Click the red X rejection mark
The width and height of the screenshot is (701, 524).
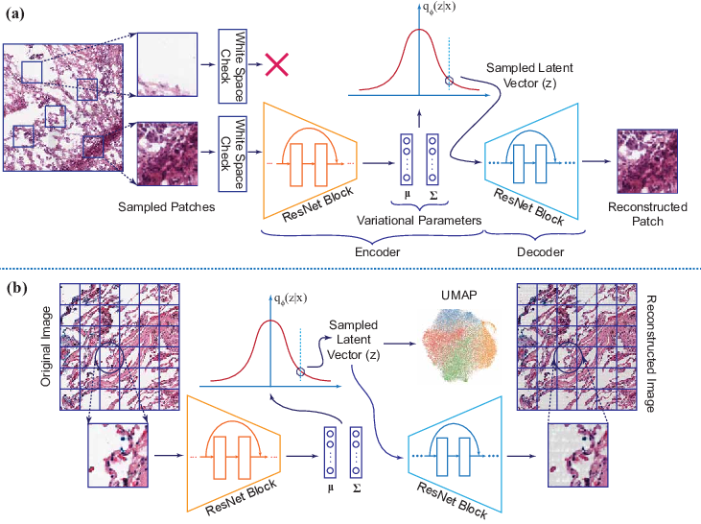[277, 64]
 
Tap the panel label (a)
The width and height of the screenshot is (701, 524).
[17, 16]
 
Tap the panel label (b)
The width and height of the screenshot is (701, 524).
[17, 285]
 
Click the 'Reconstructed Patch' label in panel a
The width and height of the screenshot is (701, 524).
[647, 214]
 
